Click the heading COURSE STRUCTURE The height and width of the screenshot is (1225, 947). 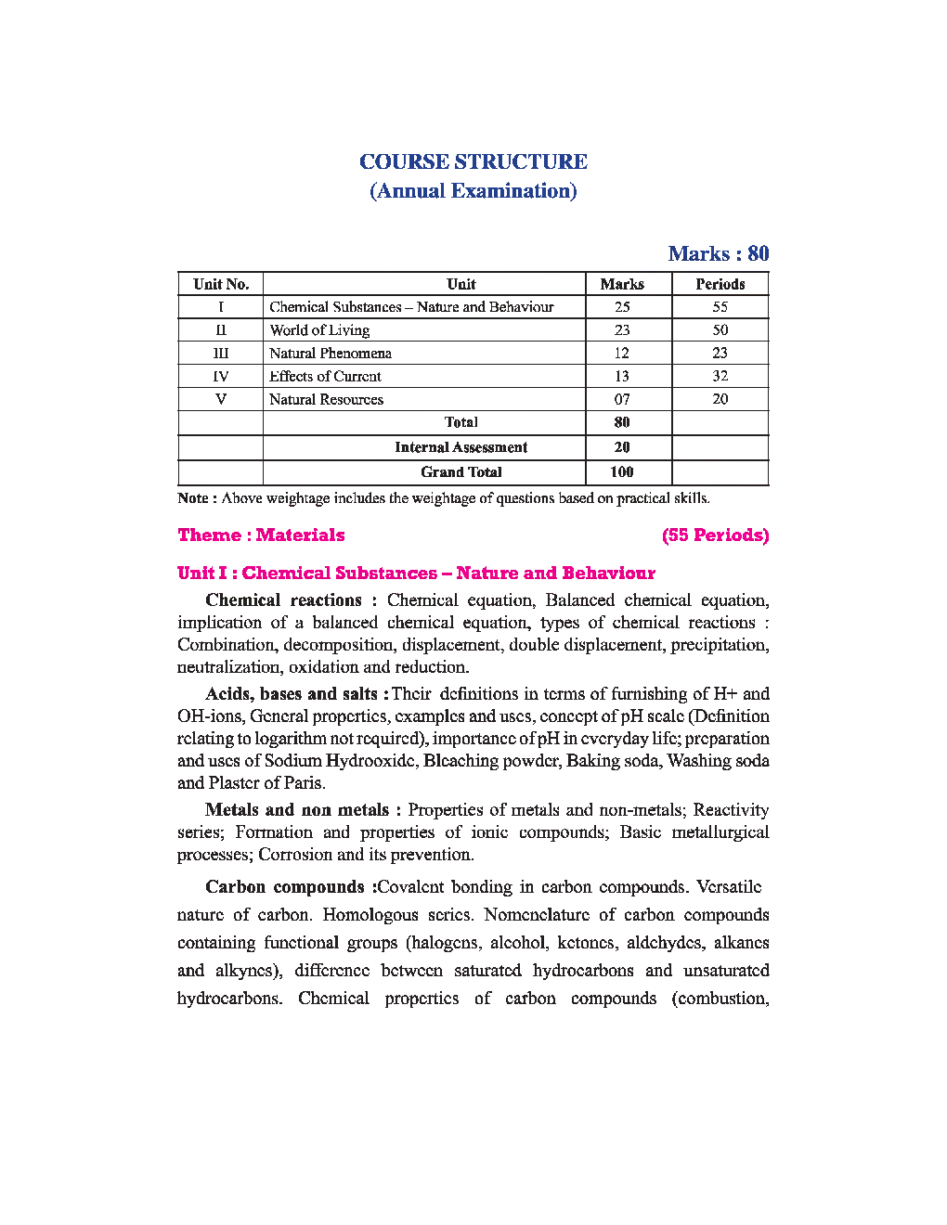tap(473, 161)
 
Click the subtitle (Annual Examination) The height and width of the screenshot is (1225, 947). tap(473, 191)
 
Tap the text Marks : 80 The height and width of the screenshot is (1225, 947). tap(718, 253)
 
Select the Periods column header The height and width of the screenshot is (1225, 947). tap(720, 284)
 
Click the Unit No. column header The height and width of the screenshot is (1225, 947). tap(221, 284)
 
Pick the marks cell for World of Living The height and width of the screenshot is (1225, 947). tap(622, 330)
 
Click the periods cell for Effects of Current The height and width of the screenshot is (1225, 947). tap(720, 376)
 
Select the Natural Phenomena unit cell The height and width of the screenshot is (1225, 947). tap(331, 354)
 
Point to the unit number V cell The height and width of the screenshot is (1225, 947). tap(221, 399)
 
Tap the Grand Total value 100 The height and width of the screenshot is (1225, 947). tap(622, 472)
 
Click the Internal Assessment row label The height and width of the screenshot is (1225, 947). tap(461, 447)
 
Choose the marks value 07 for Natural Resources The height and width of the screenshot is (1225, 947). tap(622, 399)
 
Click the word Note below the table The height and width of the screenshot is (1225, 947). tap(193, 498)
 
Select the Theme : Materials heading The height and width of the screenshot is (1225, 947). tap(261, 535)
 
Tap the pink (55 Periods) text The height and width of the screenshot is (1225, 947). tap(715, 535)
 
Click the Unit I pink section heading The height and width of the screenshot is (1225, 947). tap(416, 574)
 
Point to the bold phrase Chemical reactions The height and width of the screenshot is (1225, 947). tap(283, 600)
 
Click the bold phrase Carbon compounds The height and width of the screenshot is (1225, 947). tap(285, 887)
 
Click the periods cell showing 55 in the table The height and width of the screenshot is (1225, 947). tap(720, 307)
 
